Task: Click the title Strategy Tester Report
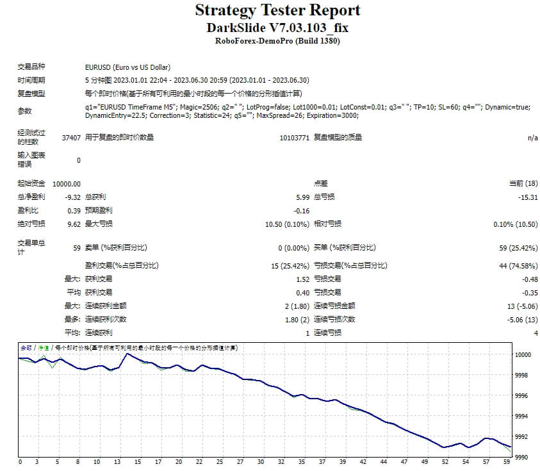click(x=277, y=10)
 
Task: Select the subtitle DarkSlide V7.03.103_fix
click(x=277, y=28)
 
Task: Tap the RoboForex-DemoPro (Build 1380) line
click(x=277, y=42)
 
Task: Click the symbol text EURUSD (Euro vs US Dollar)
click(x=127, y=67)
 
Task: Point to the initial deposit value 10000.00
click(x=67, y=184)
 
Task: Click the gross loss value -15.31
click(x=527, y=197)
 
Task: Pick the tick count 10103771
click(x=295, y=137)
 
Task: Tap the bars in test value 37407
click(x=71, y=137)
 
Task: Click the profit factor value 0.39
click(x=74, y=211)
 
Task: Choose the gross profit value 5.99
click(x=302, y=197)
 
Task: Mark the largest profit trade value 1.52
click(x=302, y=279)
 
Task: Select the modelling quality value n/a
click(x=532, y=137)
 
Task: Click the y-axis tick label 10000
click(x=523, y=354)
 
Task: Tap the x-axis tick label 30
click(x=260, y=461)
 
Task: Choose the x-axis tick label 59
click(x=506, y=461)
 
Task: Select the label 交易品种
click(x=31, y=67)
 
